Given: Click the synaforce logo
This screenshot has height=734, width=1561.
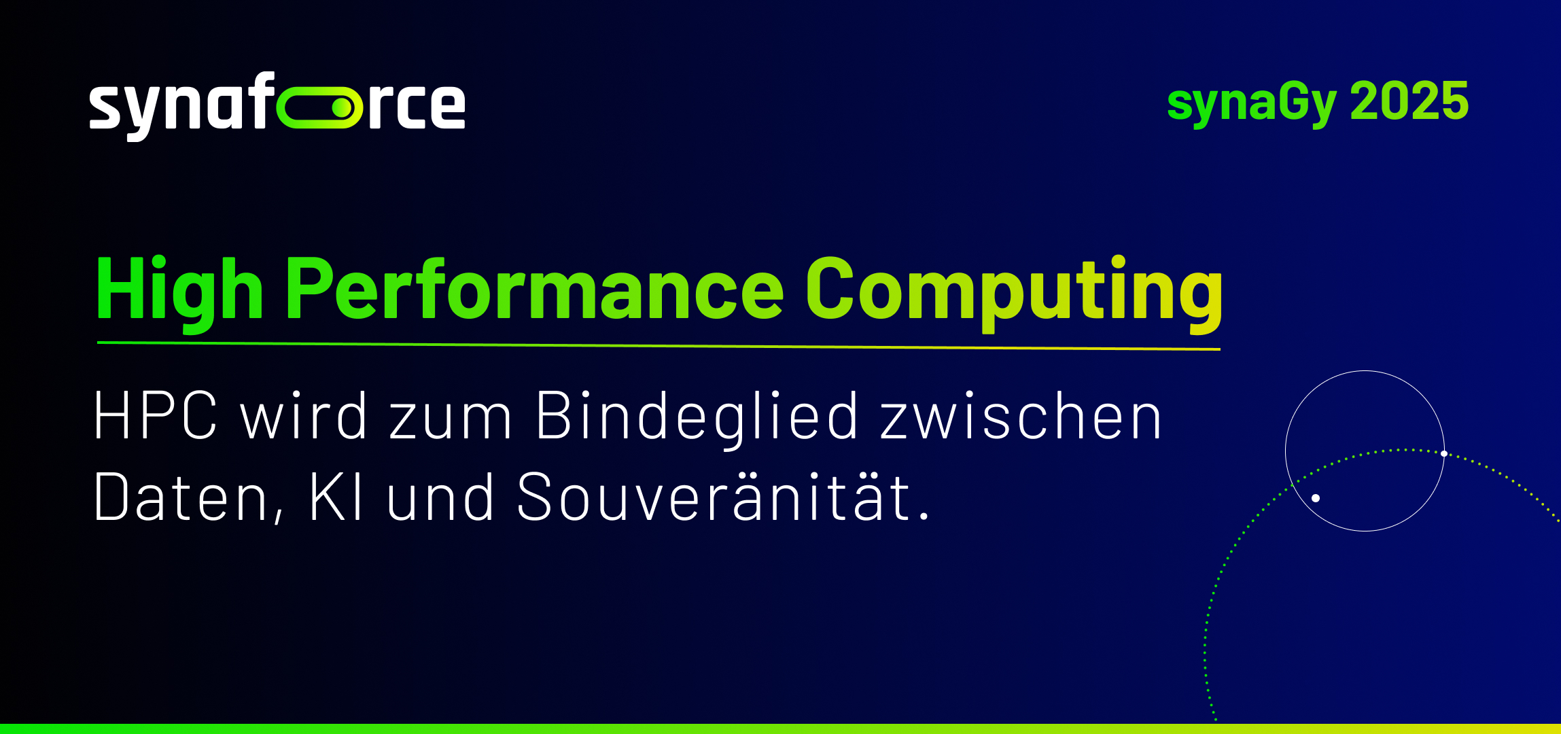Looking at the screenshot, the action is click(277, 106).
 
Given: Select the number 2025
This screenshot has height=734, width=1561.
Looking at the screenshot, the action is click(1409, 101).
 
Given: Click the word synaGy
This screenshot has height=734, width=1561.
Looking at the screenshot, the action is click(1252, 103).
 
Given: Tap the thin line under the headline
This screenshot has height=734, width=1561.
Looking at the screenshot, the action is click(659, 346).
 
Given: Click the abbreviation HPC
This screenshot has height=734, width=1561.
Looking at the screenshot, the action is click(156, 416).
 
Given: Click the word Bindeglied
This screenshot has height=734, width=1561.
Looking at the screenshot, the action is click(697, 418).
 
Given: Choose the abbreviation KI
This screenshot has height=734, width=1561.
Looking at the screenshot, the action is click(336, 497).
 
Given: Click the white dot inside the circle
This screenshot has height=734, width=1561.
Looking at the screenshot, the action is click(1316, 498).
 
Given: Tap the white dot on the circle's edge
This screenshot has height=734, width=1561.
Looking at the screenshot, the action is click(1444, 453).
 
